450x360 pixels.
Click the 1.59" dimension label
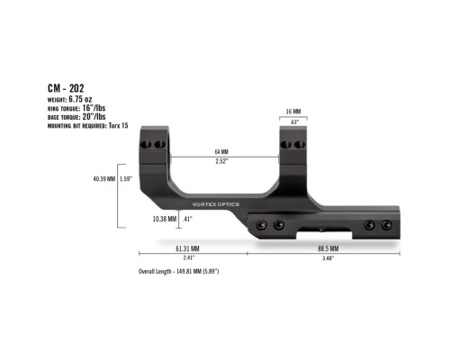click(126, 179)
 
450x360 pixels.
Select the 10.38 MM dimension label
click(165, 219)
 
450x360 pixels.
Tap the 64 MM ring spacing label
click(220, 150)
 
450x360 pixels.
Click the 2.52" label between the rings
click(220, 162)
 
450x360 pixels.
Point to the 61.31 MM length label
click(187, 247)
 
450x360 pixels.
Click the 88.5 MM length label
click(327, 247)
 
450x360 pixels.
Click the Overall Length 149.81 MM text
click(179, 271)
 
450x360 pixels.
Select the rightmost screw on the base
click(389, 227)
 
